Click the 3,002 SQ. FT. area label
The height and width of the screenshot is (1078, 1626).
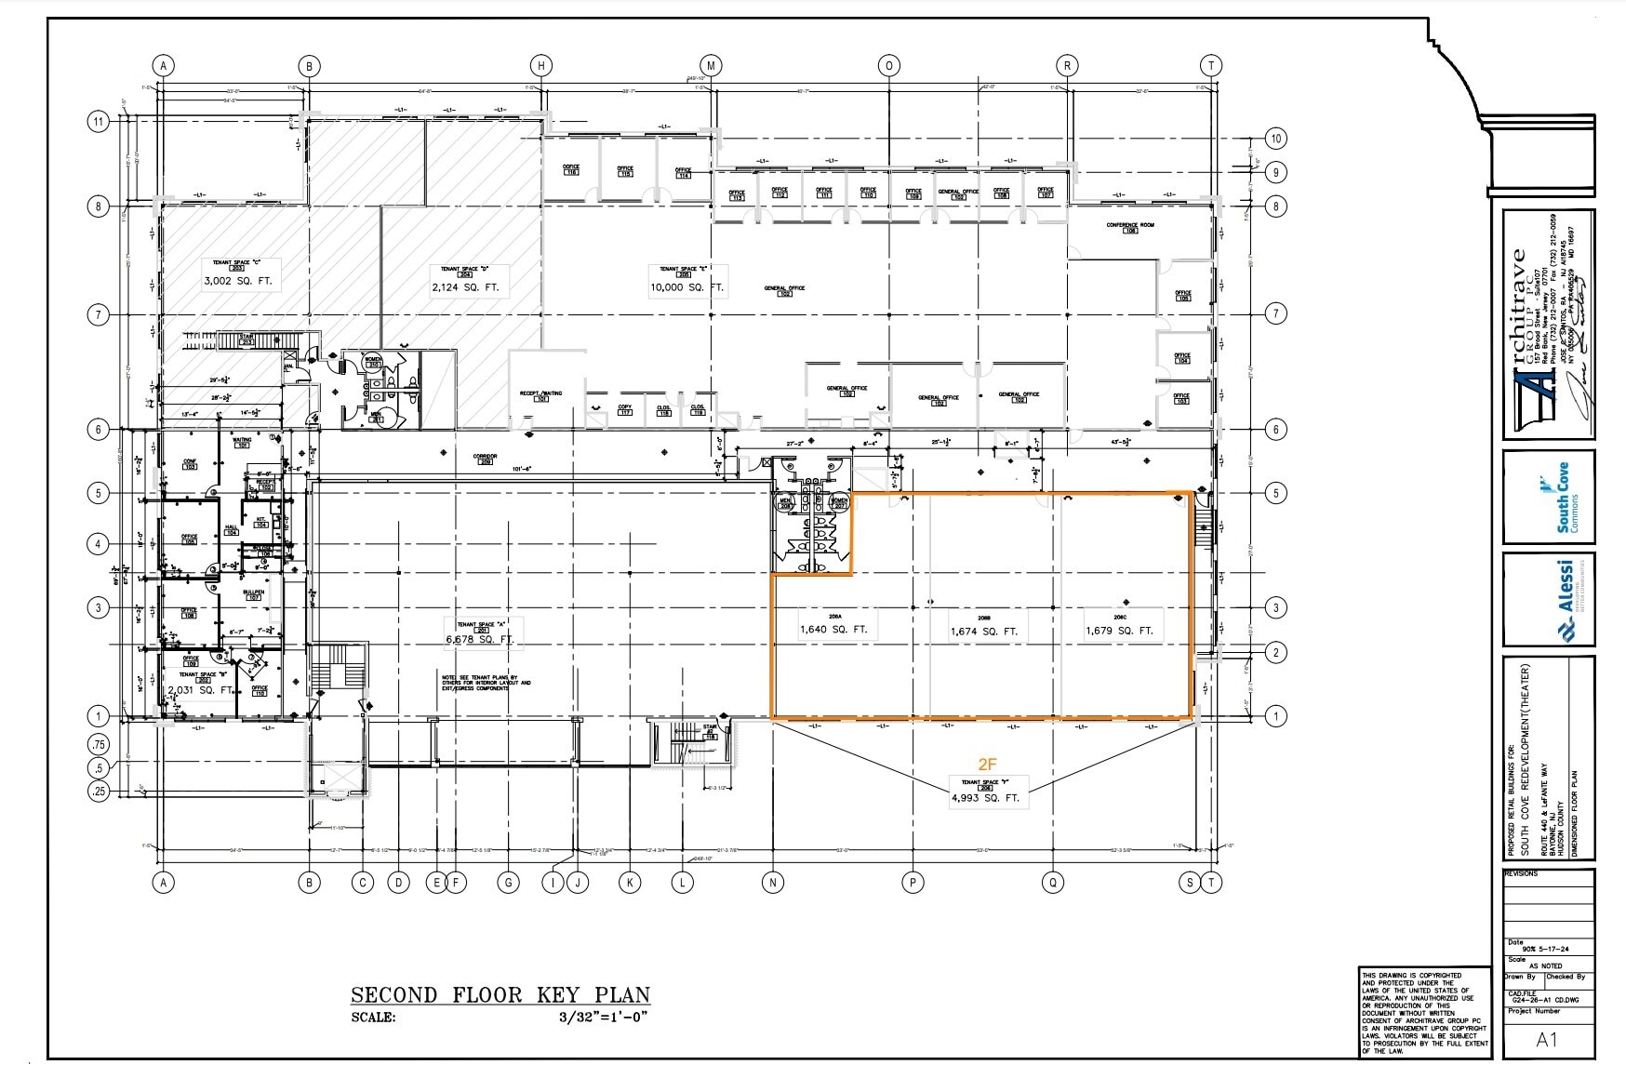pos(237,280)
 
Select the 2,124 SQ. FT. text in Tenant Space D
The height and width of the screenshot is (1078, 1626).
pos(464,287)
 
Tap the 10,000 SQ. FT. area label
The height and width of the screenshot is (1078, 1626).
pos(686,287)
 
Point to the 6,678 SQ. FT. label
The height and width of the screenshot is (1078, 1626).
pos(480,640)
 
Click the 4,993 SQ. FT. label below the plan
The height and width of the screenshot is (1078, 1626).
pos(985,798)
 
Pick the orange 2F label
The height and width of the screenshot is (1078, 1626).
pos(987,765)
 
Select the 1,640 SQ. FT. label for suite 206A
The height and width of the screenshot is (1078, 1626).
pos(833,630)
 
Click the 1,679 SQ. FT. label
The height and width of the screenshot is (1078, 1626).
pos(1119,631)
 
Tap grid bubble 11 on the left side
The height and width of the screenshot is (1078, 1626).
pos(98,121)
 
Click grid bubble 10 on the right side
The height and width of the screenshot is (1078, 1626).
pos(1275,139)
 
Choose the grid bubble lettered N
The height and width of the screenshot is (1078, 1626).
pos(772,883)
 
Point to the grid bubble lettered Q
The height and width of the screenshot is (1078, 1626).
pos(1053,883)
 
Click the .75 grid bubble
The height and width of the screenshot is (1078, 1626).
pos(98,745)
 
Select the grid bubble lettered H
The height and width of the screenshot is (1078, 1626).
pos(541,65)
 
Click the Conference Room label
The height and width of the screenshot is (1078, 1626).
pos(1129,226)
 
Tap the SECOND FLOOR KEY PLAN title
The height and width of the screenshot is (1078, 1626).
pos(500,994)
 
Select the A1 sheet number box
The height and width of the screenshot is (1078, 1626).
pos(1546,1040)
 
